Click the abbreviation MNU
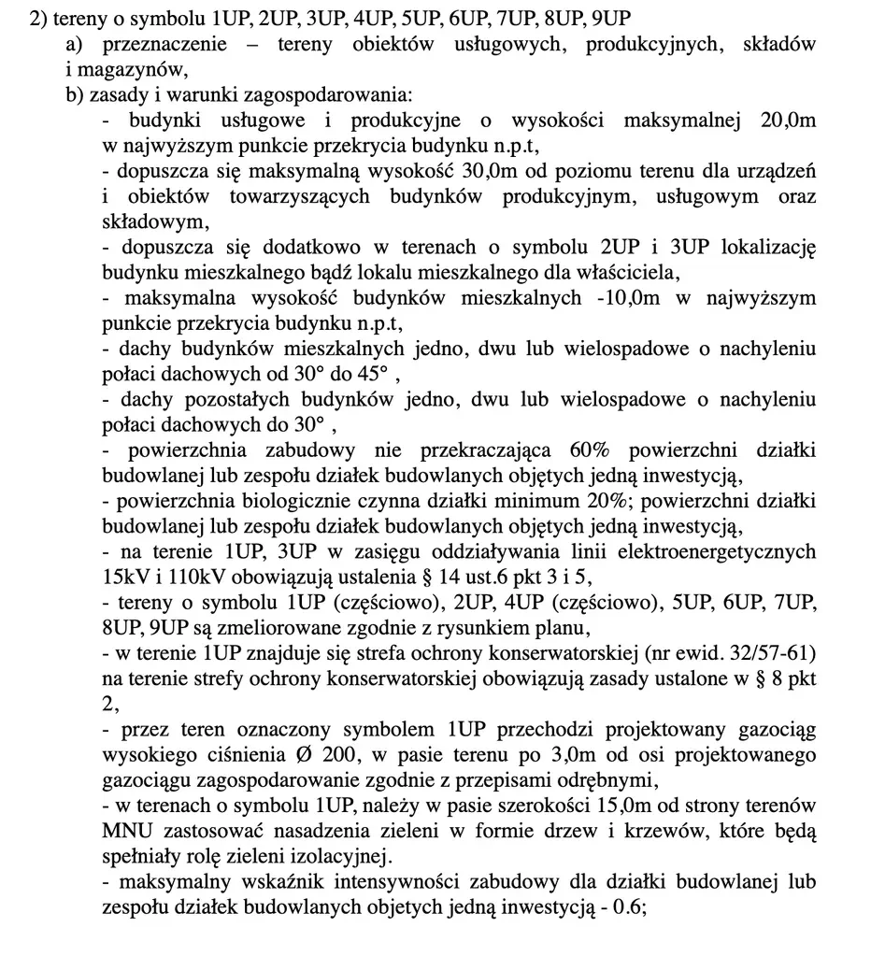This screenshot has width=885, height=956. point(128,831)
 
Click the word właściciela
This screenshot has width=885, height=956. point(621,273)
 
